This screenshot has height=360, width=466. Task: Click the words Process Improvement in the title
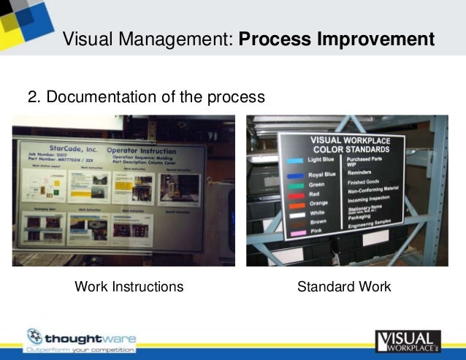[x=337, y=39]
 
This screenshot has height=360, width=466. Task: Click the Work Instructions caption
[x=129, y=287]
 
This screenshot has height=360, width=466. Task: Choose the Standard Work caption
[x=344, y=287]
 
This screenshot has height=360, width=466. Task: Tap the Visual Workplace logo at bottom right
[x=408, y=341]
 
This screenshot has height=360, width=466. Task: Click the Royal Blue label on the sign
[x=322, y=175]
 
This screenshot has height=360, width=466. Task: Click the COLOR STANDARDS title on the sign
[x=351, y=149]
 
